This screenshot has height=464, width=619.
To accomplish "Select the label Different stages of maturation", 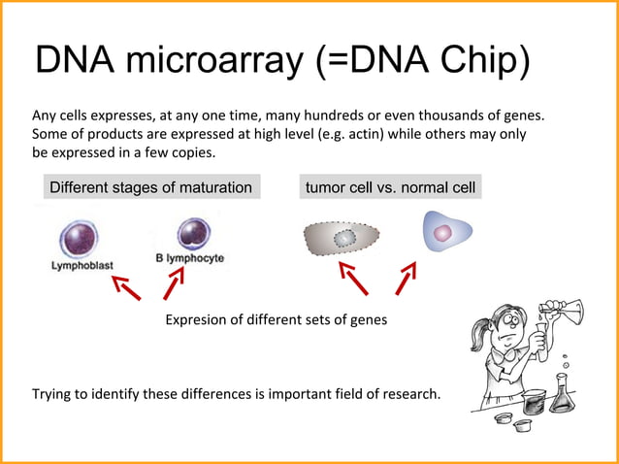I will point(150,187).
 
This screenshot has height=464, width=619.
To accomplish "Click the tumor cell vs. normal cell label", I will point(390,187).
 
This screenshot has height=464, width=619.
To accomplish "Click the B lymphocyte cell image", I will point(194,234).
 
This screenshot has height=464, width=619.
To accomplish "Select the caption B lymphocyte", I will point(190,258).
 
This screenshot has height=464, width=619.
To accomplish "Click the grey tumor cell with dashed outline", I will point(342,237).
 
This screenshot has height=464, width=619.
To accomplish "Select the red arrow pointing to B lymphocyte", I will point(174,284).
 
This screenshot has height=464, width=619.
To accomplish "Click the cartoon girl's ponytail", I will point(477,336).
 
